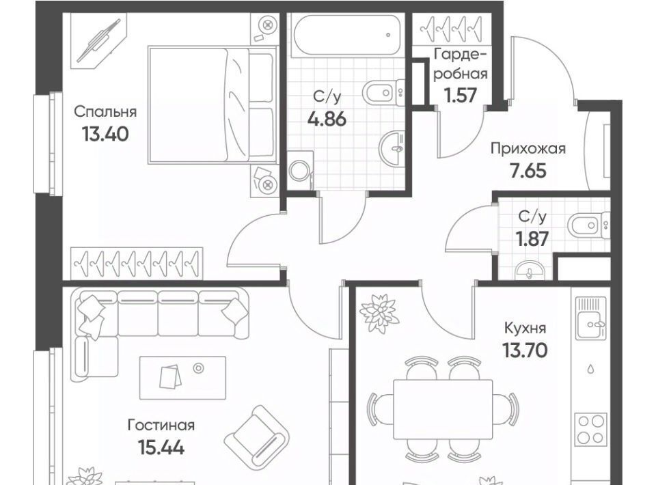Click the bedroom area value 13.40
(105, 134)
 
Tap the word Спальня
(105, 112)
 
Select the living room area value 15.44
(161, 448)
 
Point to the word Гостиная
(161, 425)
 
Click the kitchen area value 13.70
(525, 350)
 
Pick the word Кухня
(525, 328)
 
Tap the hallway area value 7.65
(528, 171)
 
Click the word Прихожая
(528, 149)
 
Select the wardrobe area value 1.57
(461, 96)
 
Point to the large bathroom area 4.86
(327, 120)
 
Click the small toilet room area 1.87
(532, 239)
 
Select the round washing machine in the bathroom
(299, 171)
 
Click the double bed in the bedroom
(213, 105)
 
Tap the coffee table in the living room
(182, 378)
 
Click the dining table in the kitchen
(443, 409)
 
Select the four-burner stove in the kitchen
(590, 430)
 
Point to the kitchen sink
(590, 318)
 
